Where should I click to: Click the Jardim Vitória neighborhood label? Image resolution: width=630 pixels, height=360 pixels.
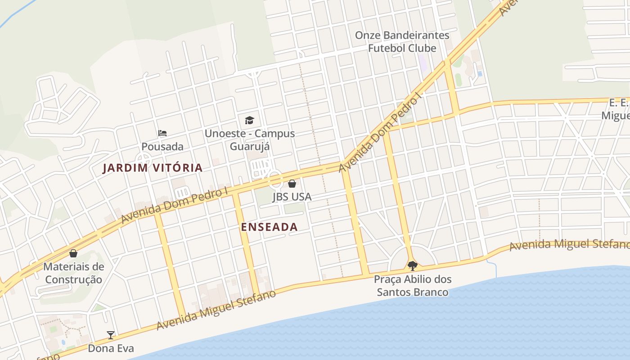click(153, 168)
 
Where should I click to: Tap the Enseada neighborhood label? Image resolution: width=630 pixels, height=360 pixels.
click(269, 227)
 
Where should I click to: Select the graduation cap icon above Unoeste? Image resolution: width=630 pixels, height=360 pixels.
click(249, 120)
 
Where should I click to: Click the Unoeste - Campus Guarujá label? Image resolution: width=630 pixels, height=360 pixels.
click(250, 140)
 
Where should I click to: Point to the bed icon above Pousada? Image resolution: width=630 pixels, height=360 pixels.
click(162, 133)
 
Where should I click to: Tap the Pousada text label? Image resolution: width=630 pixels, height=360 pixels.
click(162, 147)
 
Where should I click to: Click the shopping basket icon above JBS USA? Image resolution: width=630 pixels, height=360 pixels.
click(292, 184)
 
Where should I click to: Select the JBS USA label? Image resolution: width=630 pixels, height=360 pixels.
click(292, 197)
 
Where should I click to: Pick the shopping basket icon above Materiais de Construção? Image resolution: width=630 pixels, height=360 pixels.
click(73, 253)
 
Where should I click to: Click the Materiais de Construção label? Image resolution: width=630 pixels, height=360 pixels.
click(74, 273)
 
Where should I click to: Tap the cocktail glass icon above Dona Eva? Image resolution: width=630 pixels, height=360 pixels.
click(111, 335)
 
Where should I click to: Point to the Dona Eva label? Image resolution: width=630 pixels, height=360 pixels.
click(111, 348)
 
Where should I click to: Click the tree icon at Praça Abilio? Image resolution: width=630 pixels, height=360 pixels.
click(412, 265)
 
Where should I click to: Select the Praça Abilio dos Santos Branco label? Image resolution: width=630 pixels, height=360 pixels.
click(413, 286)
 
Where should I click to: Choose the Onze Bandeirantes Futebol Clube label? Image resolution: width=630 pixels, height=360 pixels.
click(402, 41)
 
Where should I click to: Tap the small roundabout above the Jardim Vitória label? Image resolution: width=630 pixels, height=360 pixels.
click(144, 158)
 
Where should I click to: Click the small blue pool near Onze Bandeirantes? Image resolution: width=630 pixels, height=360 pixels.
click(480, 73)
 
